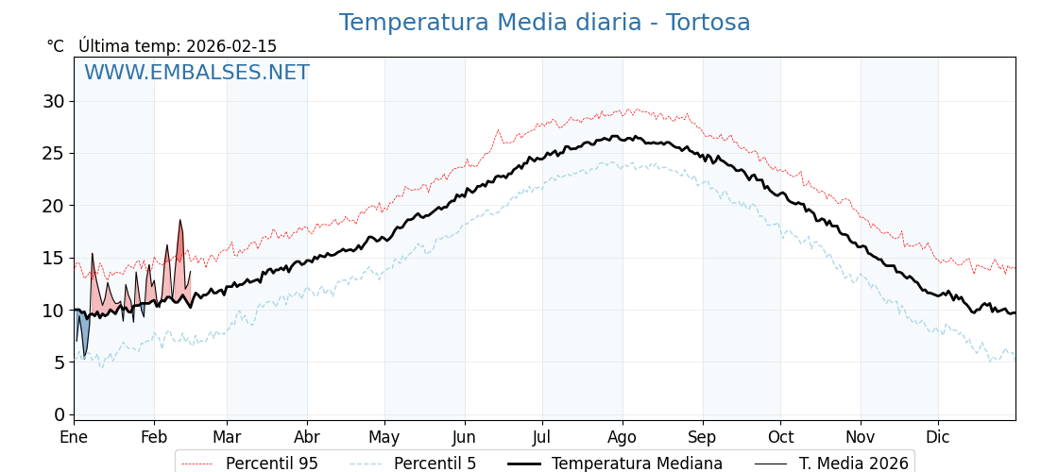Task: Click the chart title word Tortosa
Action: coord(708,23)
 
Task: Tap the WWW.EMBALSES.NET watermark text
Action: coord(196,73)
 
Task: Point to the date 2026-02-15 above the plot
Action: coord(231,46)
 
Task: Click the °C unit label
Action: coord(56,46)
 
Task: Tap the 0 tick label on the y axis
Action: coord(60,414)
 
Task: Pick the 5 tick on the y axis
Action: coord(60,362)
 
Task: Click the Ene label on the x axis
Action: coord(74,437)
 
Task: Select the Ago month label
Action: coord(623,437)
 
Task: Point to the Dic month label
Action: coord(938,437)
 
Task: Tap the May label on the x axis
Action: coord(384,437)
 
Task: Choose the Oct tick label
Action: coord(780,437)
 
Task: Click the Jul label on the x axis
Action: coord(542,437)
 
